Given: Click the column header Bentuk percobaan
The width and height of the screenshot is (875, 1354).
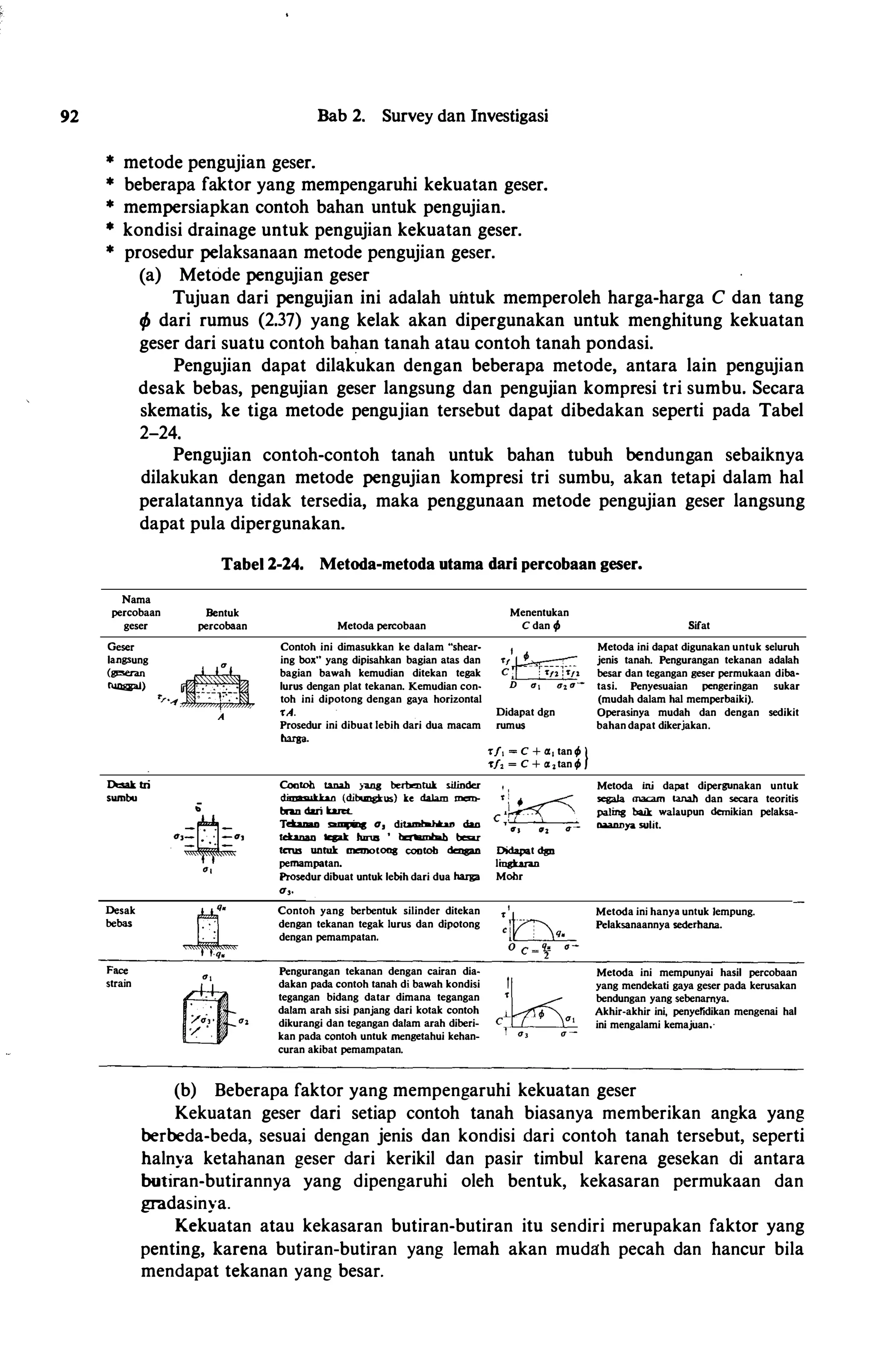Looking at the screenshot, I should (222, 619).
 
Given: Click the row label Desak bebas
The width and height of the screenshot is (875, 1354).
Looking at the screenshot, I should (120, 916).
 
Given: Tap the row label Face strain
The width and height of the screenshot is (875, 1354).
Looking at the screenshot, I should (118, 977).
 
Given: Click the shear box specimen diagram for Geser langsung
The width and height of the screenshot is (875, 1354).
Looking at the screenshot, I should (218, 690).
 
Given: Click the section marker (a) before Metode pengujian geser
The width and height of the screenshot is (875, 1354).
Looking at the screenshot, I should (150, 275).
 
